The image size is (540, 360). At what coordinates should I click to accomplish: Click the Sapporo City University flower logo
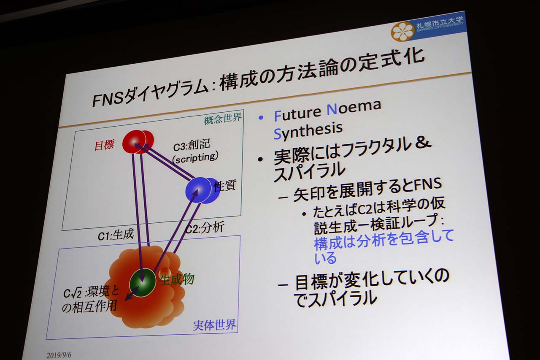click(x=403, y=31)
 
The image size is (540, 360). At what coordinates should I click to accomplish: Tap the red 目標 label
click(x=104, y=145)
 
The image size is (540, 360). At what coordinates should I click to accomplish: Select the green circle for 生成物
click(x=143, y=282)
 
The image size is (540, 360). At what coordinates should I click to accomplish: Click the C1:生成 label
click(x=116, y=235)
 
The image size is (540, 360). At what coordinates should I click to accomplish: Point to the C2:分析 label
click(x=205, y=227)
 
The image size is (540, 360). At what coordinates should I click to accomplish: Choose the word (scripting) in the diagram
click(x=195, y=158)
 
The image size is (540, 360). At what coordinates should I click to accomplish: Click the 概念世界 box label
click(x=222, y=119)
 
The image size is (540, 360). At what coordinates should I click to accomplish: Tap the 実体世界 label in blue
click(x=214, y=325)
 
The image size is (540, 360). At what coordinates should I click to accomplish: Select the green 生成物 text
click(x=177, y=280)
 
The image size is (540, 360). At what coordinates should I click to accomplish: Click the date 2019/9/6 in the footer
click(x=59, y=355)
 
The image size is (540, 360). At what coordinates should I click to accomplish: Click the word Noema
click(x=354, y=108)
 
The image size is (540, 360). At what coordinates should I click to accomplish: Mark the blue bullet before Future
click(x=261, y=118)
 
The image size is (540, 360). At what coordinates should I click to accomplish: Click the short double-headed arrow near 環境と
click(x=132, y=294)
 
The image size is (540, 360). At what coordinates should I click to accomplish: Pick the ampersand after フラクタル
click(x=422, y=142)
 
